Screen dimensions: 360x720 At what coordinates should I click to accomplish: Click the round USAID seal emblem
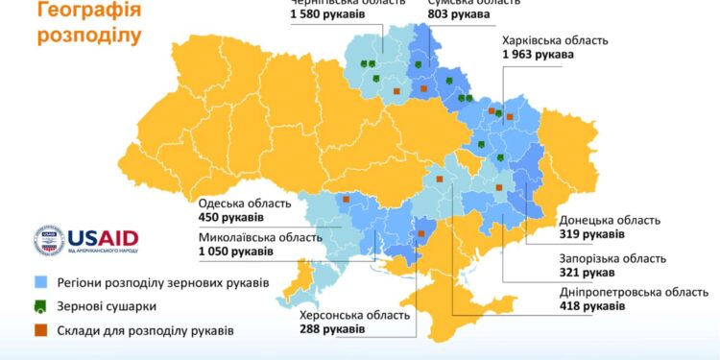pos(49,241)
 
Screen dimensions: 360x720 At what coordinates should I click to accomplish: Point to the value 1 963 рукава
pos(538,56)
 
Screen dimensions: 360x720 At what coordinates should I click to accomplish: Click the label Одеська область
pos(244,203)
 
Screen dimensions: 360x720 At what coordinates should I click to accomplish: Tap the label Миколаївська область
pos(261,237)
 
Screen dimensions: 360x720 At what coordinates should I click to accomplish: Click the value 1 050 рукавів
pos(235,252)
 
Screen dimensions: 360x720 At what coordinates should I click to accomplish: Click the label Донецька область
pos(609,220)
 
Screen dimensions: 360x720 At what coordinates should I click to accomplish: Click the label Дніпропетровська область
pos(637,292)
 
